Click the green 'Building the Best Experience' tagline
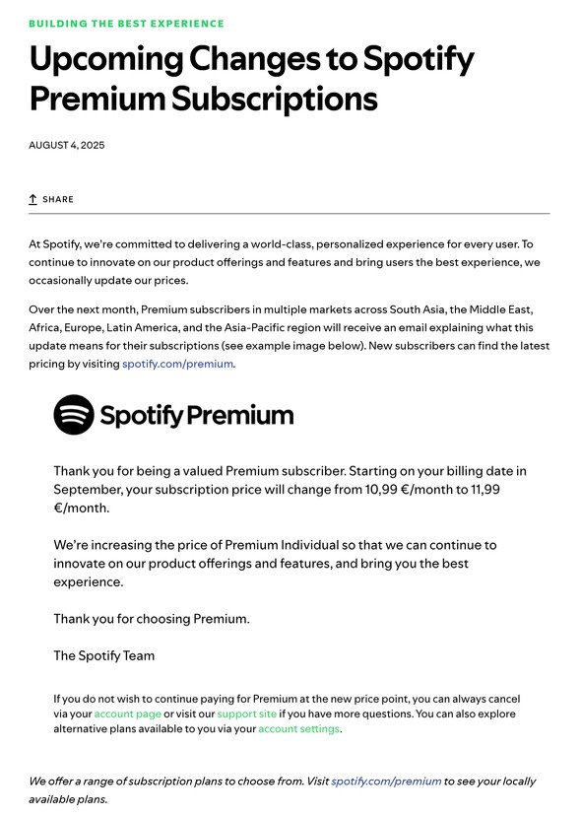(126, 23)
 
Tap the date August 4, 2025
(66, 145)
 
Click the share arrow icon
(32, 199)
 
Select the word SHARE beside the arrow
(58, 199)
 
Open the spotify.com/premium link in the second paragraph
(178, 364)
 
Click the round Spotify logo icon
(74, 415)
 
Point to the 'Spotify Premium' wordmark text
(197, 415)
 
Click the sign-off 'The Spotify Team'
(103, 655)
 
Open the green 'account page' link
(128, 714)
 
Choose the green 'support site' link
(246, 714)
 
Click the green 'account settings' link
(298, 729)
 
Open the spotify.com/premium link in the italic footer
(386, 782)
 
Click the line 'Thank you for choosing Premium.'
(152, 619)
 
